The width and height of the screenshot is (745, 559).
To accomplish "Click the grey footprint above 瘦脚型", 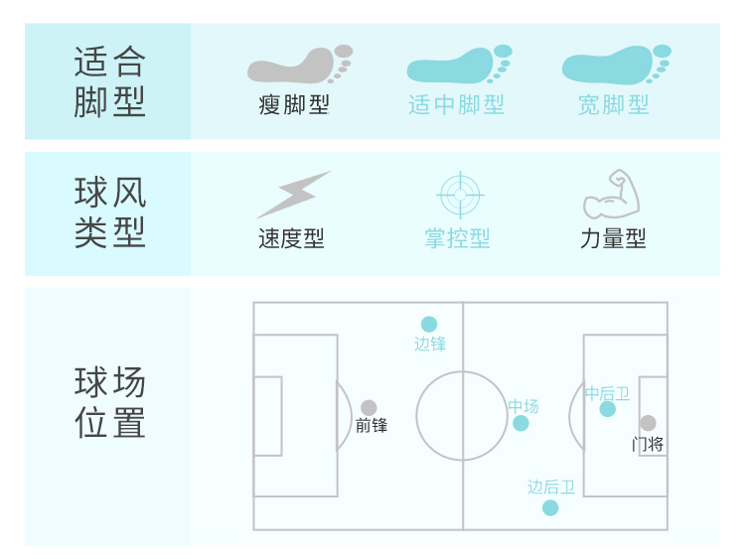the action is (299, 65).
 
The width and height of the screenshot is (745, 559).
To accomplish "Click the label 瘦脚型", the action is (294, 105).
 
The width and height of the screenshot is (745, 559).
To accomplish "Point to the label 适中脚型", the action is (457, 105).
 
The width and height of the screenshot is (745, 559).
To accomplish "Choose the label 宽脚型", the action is (614, 105).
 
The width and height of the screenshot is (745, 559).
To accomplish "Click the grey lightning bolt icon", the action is (292, 195).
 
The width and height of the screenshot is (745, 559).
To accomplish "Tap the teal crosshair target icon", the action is (458, 195).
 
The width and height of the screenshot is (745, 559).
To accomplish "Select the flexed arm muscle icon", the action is (611, 195).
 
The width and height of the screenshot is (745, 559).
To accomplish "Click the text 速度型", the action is (291, 239).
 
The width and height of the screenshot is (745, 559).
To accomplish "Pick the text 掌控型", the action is (457, 239).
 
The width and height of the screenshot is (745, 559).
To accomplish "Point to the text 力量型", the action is (613, 239).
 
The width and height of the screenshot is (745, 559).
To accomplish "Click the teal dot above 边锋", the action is (429, 324).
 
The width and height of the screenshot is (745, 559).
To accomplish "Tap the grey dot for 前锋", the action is (369, 407).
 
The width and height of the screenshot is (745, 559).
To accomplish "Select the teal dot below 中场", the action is (521, 424).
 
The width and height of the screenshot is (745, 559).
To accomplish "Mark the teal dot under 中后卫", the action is (608, 409).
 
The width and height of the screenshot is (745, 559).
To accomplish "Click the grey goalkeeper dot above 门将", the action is (648, 423).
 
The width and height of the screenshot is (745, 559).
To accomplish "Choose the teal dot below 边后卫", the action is (550, 508).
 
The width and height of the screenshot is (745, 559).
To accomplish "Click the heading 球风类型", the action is (109, 210).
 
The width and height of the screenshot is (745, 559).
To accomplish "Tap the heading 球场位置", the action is (109, 402).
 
